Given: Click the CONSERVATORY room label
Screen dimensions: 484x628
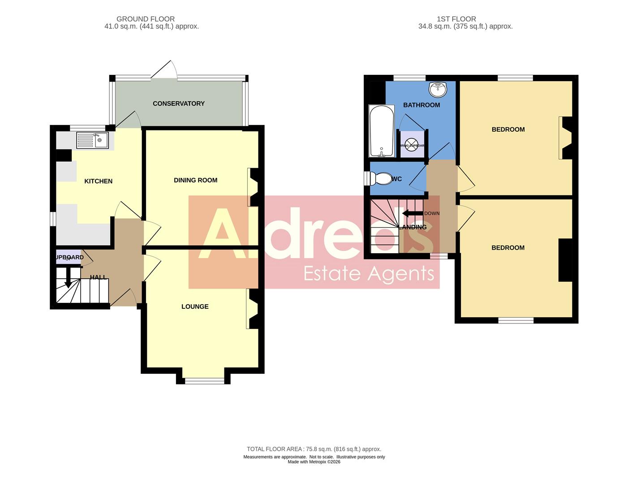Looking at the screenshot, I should (x=178, y=104).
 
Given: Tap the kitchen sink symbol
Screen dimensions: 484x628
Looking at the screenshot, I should (x=93, y=140).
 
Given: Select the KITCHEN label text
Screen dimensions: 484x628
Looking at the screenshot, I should (x=99, y=181).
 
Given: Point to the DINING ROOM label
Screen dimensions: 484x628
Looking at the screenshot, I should (x=196, y=180).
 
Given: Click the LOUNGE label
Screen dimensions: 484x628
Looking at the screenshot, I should (x=195, y=307).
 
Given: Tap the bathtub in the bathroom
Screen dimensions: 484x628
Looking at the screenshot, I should (x=382, y=130).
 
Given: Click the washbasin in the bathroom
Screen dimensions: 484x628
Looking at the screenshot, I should (x=438, y=90).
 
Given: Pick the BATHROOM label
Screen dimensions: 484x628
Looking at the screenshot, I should (x=422, y=105).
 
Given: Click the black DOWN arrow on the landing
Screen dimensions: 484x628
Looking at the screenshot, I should (x=413, y=213).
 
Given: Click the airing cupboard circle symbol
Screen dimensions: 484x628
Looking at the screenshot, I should (x=412, y=145).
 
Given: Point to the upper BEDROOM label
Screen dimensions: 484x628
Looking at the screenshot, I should (x=508, y=130).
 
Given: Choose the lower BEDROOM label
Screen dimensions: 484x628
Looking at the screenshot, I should (x=508, y=248).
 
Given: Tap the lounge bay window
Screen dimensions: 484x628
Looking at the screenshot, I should (x=205, y=381).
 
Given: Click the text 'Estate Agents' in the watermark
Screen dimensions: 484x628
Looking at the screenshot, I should (x=369, y=273).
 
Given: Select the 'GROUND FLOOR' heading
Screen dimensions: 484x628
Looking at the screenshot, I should (x=146, y=19).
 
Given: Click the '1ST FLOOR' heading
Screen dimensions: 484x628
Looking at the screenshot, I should (x=456, y=19).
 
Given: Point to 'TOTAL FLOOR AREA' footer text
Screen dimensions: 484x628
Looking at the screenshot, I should (x=275, y=449).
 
